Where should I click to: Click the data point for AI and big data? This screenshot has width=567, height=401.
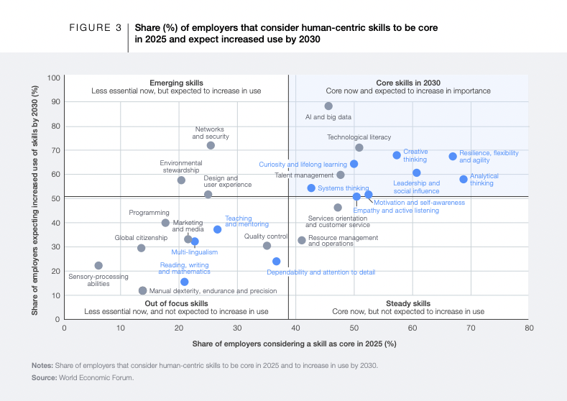[328, 106]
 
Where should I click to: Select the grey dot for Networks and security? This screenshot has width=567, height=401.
[211, 145]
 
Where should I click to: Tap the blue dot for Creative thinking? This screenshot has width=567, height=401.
[397, 155]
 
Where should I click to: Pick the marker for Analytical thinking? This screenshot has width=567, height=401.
[464, 179]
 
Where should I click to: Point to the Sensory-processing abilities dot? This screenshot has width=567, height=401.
[98, 266]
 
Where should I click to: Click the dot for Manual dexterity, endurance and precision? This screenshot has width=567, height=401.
[142, 291]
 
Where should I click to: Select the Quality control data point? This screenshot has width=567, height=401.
[267, 246]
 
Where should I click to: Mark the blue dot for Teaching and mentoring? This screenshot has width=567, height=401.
[217, 229]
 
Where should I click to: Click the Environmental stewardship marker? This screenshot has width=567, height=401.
[181, 180]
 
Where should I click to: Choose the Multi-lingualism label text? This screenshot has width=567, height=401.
[194, 252]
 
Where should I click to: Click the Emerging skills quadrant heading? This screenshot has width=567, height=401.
[176, 83]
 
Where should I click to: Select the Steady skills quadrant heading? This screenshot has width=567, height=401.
[408, 303]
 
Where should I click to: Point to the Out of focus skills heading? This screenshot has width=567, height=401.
[176, 303]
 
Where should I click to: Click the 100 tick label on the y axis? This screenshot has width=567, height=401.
[53, 78]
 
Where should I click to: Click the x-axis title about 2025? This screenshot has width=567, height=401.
[295, 344]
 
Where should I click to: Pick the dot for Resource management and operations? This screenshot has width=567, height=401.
[302, 240]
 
